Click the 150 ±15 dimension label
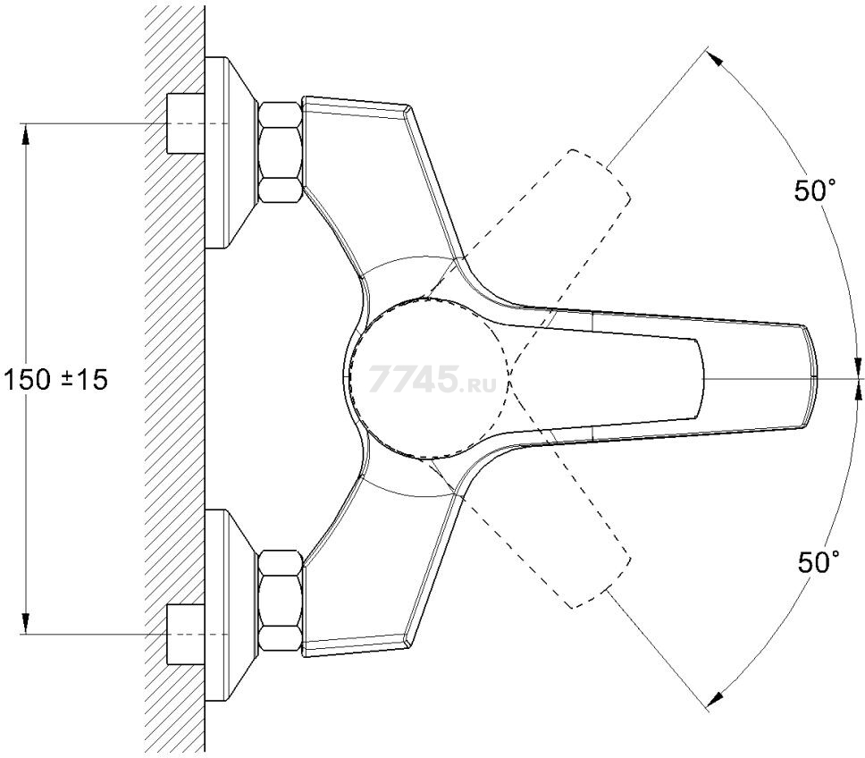coord(55,380)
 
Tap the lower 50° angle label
coord(819,562)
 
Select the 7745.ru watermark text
coord(432,379)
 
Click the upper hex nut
coord(281,152)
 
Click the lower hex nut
coord(281,600)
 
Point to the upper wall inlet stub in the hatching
coord(185,123)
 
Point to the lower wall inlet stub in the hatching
coord(185,635)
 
